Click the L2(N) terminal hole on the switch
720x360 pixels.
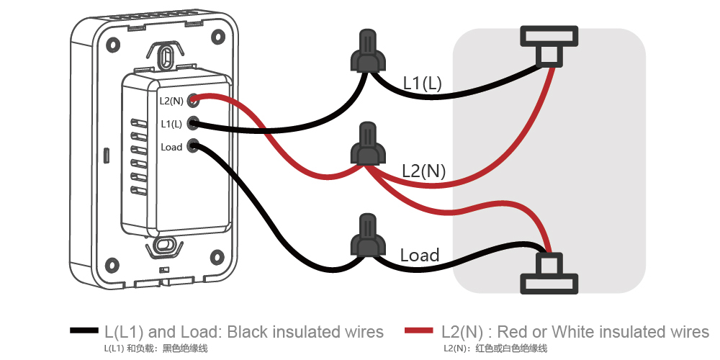click(x=192, y=100)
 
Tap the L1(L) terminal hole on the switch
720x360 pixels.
click(x=192, y=124)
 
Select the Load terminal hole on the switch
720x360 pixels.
click(x=192, y=146)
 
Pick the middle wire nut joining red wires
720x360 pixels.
click(x=366, y=146)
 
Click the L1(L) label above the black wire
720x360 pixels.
click(x=423, y=84)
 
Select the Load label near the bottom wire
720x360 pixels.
click(x=420, y=256)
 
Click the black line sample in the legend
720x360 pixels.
click(x=84, y=331)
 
